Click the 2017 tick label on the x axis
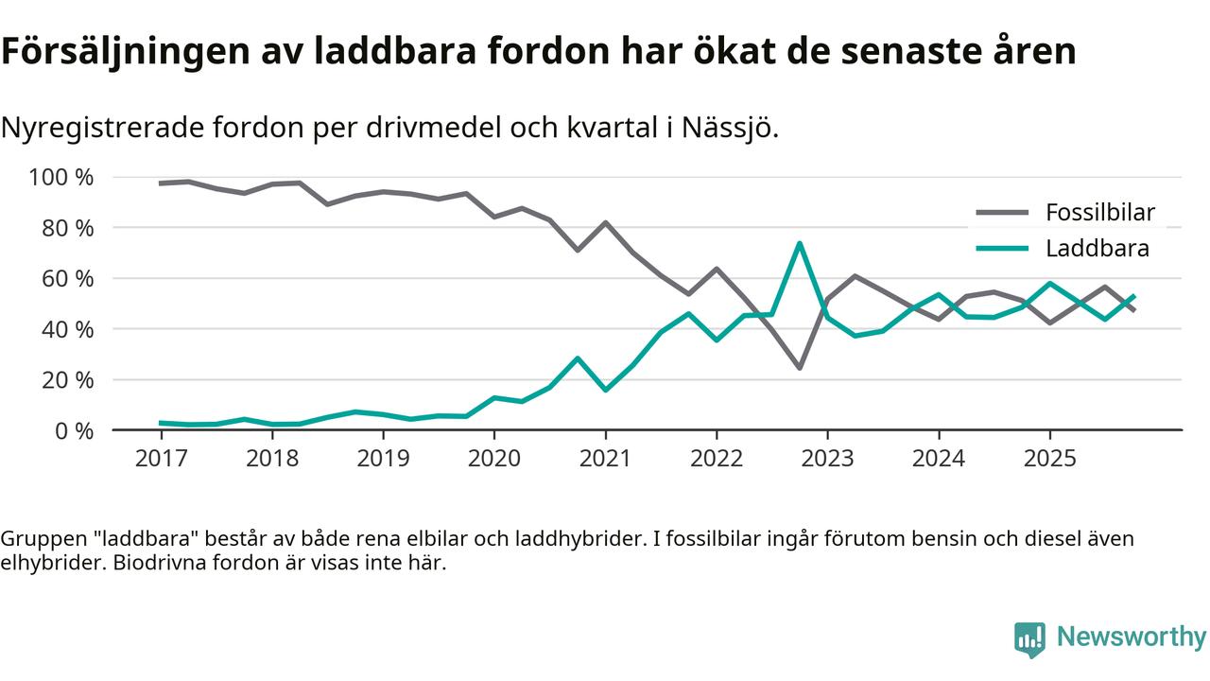[x=161, y=459]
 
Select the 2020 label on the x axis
[x=494, y=459]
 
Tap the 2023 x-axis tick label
[x=827, y=459]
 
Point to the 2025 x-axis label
[x=1049, y=459]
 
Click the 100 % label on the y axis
[x=61, y=178]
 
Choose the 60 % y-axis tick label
[x=67, y=279]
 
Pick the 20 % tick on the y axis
[x=67, y=380]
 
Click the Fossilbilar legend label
[x=1099, y=213]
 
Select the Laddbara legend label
[x=1097, y=249]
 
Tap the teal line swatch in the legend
[x=1001, y=249]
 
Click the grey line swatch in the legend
[x=1001, y=213]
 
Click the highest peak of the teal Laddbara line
[x=800, y=244]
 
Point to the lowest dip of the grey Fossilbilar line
[x=800, y=367]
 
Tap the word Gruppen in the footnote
[x=39, y=539]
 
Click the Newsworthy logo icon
[x=1029, y=639]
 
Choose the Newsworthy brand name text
[x=1132, y=637]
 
